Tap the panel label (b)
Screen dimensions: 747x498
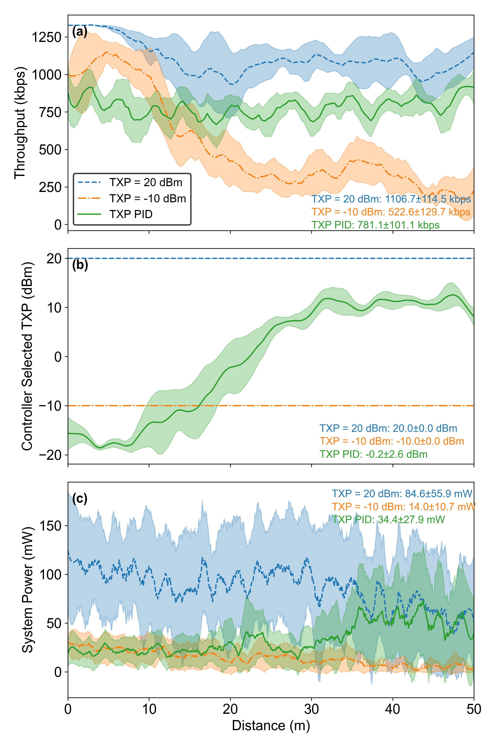pyautogui.click(x=80, y=265)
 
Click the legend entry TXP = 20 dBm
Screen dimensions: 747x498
pyautogui.click(x=146, y=182)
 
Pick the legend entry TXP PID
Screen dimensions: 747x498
pyautogui.click(x=131, y=214)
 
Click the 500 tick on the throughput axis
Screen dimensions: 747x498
pyautogui.click(x=50, y=150)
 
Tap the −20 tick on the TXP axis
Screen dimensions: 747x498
pyautogui.click(x=50, y=455)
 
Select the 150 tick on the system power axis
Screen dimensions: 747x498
pyautogui.click(x=50, y=526)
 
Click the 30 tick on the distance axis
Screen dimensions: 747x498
pyautogui.click(x=312, y=709)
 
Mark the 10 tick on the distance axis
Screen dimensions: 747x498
pyautogui.click(x=149, y=709)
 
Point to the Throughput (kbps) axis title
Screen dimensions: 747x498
pyautogui.click(x=20, y=123)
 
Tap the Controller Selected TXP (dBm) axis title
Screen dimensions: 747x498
pyautogui.click(x=27, y=356)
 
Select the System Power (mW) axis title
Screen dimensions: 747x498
pyautogui.click(x=27, y=590)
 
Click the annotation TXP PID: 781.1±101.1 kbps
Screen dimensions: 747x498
pyautogui.click(x=375, y=225)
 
